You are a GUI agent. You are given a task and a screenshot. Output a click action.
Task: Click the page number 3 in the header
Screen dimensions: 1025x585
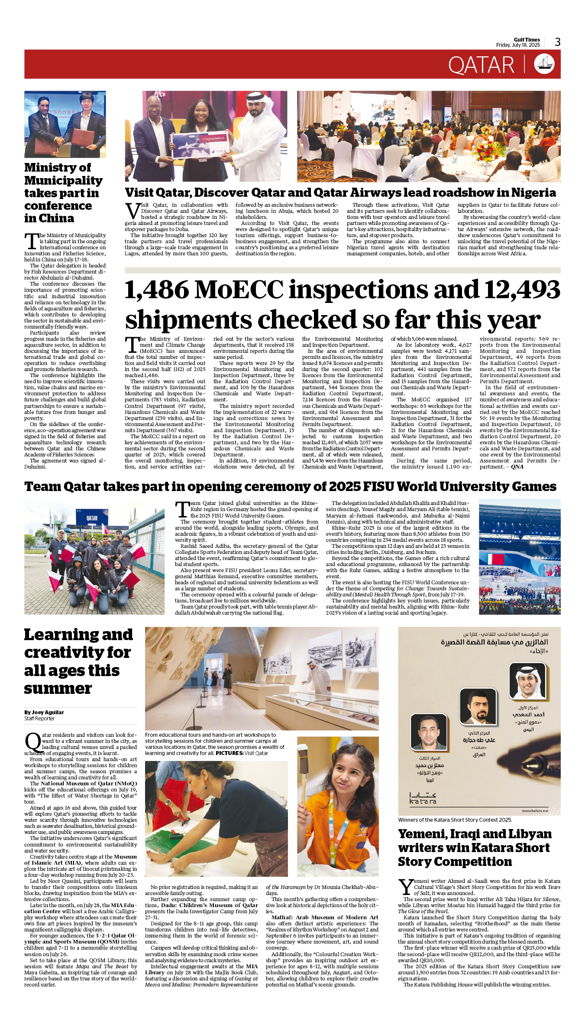coord(557,42)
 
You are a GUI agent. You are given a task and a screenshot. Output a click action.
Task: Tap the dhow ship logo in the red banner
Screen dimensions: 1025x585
coord(544,64)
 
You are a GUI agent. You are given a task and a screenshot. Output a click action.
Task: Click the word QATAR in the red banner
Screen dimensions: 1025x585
coord(481,65)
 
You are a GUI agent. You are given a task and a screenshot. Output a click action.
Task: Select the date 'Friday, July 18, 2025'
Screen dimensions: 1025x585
coord(518,45)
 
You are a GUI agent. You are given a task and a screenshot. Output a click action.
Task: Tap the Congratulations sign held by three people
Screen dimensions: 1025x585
coord(200,144)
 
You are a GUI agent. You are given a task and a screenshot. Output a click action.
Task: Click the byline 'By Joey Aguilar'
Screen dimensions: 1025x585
coord(44,712)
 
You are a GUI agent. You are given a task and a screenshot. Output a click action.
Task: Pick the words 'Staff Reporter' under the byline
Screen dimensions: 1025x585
coord(39,719)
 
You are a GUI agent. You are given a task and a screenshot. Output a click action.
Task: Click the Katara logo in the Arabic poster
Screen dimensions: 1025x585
coord(423,799)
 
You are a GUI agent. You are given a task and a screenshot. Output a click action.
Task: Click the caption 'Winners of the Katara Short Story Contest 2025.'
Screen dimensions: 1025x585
coord(455,820)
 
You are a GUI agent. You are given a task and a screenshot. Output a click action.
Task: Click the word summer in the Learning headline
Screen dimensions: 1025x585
coord(58,689)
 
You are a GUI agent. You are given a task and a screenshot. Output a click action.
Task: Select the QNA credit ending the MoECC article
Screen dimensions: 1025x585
coord(517,467)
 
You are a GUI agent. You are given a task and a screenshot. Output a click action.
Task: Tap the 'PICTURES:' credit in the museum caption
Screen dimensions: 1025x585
coord(229,753)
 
